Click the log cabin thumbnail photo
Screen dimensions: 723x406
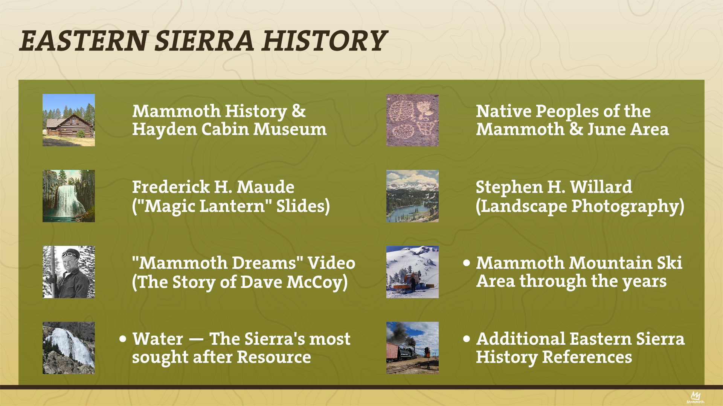tap(69, 120)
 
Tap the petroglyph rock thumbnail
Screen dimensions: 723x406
tap(412, 120)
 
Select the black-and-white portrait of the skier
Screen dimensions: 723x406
tap(69, 272)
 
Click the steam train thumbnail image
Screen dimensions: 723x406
tap(412, 348)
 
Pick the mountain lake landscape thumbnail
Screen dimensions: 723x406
tap(412, 196)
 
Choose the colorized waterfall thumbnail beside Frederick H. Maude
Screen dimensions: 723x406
tap(69, 196)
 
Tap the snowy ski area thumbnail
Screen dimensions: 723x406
tap(412, 272)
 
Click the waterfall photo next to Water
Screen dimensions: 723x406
tap(69, 348)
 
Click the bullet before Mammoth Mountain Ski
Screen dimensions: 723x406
tap(467, 263)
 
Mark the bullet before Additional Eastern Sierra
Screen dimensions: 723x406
tap(467, 339)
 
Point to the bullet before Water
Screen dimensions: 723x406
tap(123, 339)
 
